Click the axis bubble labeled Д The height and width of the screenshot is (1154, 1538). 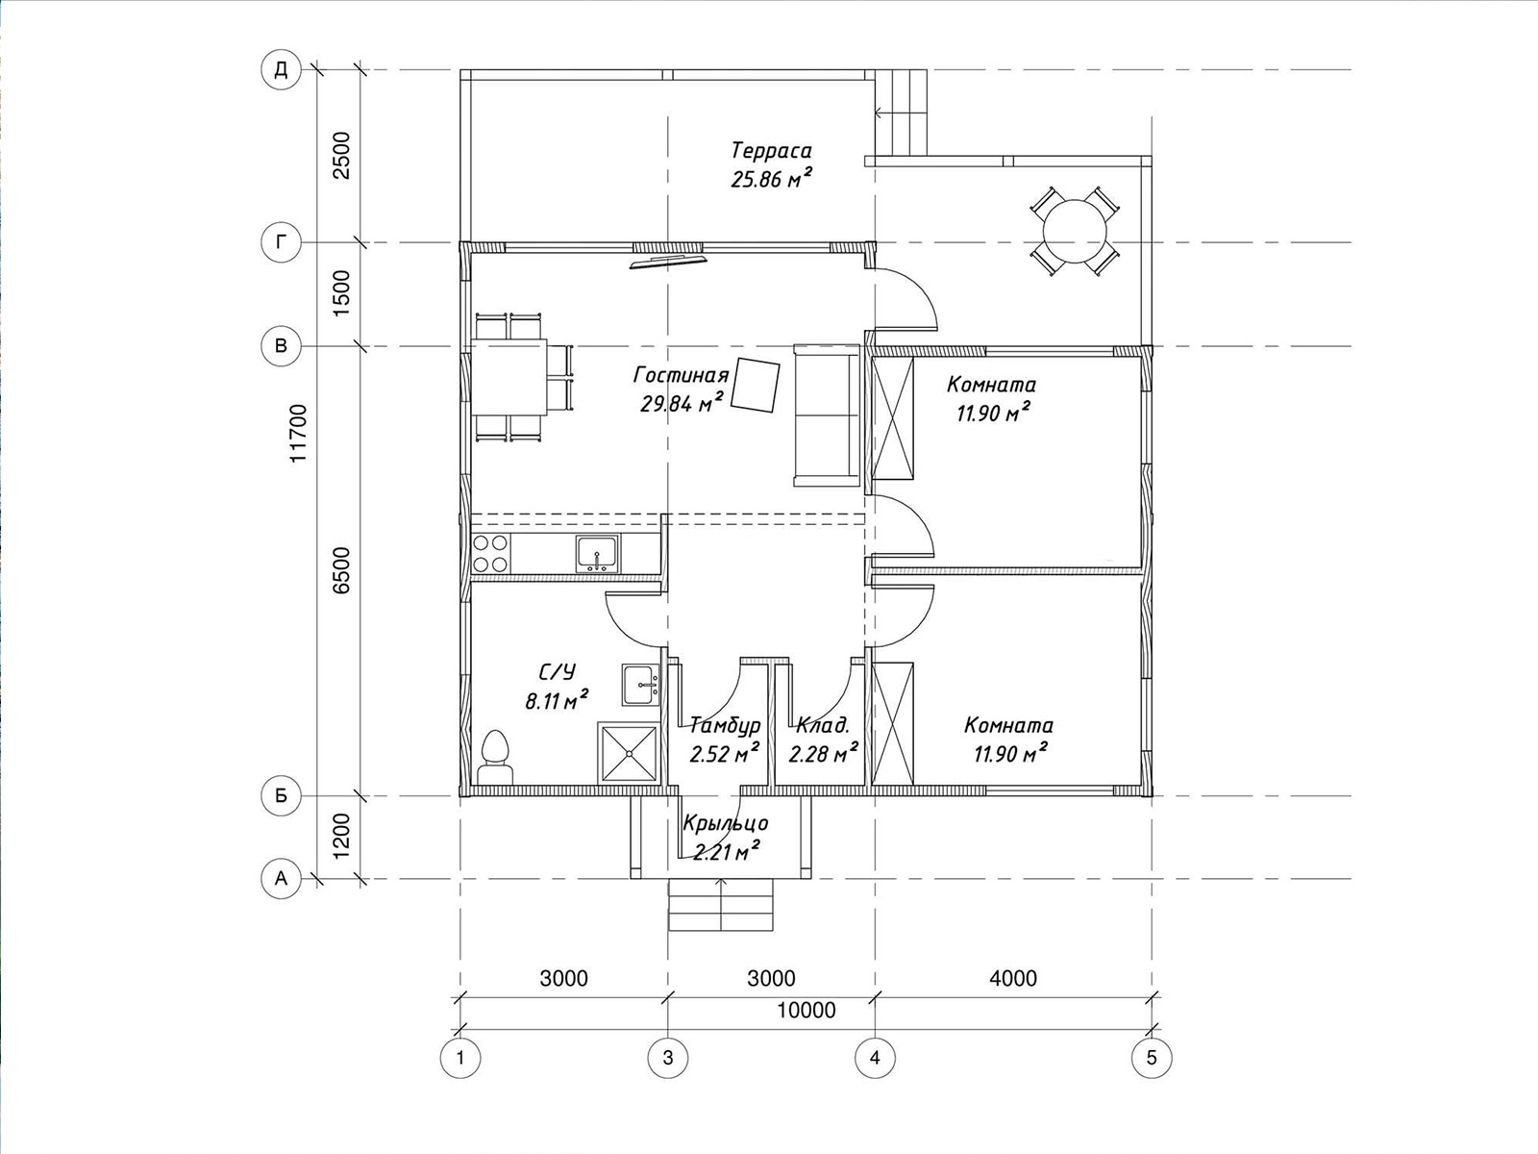click(281, 69)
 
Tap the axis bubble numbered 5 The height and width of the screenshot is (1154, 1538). click(1152, 1057)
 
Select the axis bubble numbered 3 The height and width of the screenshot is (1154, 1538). click(668, 1057)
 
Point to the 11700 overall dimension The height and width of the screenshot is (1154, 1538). click(299, 433)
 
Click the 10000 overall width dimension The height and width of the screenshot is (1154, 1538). click(806, 1010)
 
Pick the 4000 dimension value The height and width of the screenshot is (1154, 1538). click(1013, 977)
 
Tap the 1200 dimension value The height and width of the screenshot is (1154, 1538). click(341, 836)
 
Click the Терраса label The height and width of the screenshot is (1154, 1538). click(772, 151)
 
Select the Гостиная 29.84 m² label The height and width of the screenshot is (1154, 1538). click(682, 389)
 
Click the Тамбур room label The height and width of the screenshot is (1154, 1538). click(725, 724)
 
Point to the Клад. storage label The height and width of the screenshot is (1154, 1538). click(823, 724)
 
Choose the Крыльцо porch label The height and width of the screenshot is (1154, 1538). click(726, 822)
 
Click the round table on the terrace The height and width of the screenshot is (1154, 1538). click(1075, 231)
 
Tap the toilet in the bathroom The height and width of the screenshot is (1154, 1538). click(495, 757)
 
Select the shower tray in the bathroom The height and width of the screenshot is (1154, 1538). click(630, 753)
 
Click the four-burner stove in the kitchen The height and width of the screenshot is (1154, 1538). click(490, 553)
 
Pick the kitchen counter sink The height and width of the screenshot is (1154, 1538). click(597, 554)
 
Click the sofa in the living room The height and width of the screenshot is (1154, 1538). click(827, 414)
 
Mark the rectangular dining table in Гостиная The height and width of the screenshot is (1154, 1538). click(509, 378)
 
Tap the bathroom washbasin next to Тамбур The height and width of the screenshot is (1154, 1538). click(640, 684)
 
